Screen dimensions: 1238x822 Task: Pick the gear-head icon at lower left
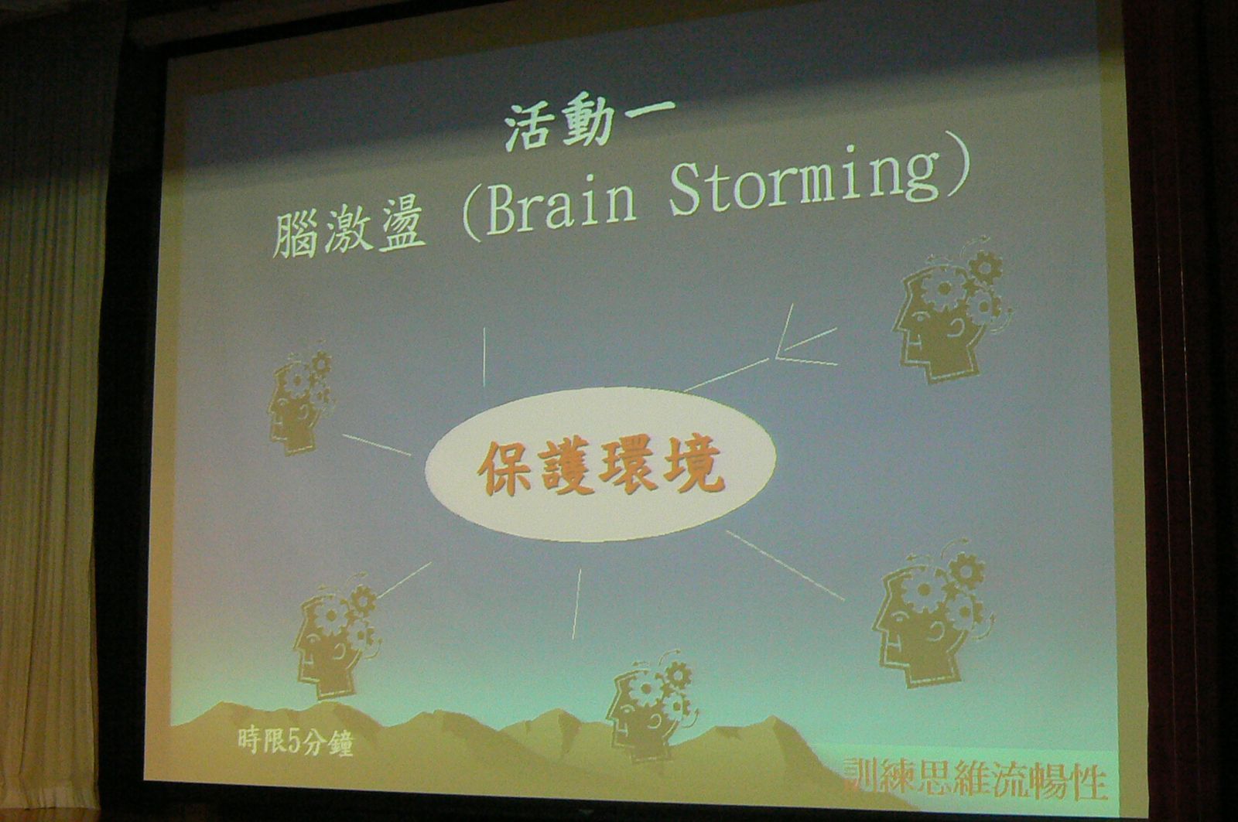(337, 636)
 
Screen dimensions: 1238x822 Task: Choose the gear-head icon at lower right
(934, 614)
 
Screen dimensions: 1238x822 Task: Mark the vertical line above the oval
(484, 356)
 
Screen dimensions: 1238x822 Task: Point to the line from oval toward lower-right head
(785, 565)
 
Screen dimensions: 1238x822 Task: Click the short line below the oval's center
(576, 604)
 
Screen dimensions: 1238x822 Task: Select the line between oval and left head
(376, 445)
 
